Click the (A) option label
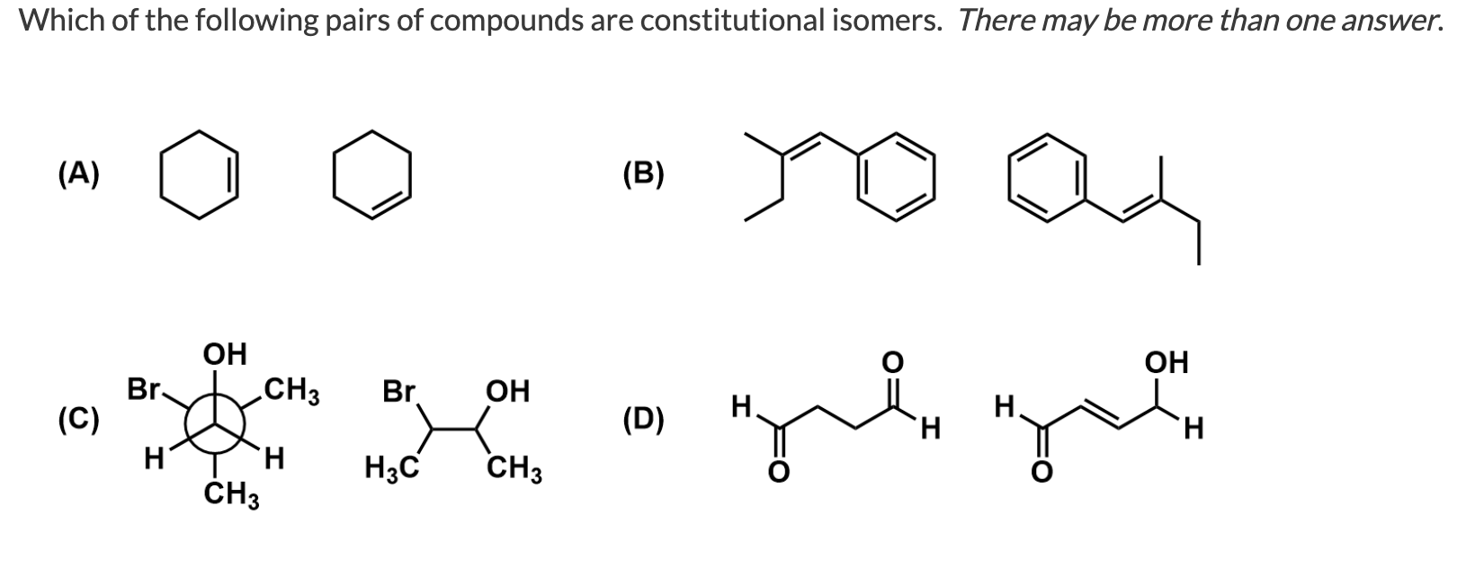(80, 174)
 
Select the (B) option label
(643, 174)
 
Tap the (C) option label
(80, 420)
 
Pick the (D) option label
(643, 420)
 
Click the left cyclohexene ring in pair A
(199, 173)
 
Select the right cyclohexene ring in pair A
(372, 173)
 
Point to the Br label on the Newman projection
(142, 390)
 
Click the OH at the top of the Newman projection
(225, 354)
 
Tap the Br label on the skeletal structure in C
(399, 392)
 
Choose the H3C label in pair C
(389, 468)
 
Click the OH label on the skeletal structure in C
(507, 392)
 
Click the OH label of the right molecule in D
(1166, 362)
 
